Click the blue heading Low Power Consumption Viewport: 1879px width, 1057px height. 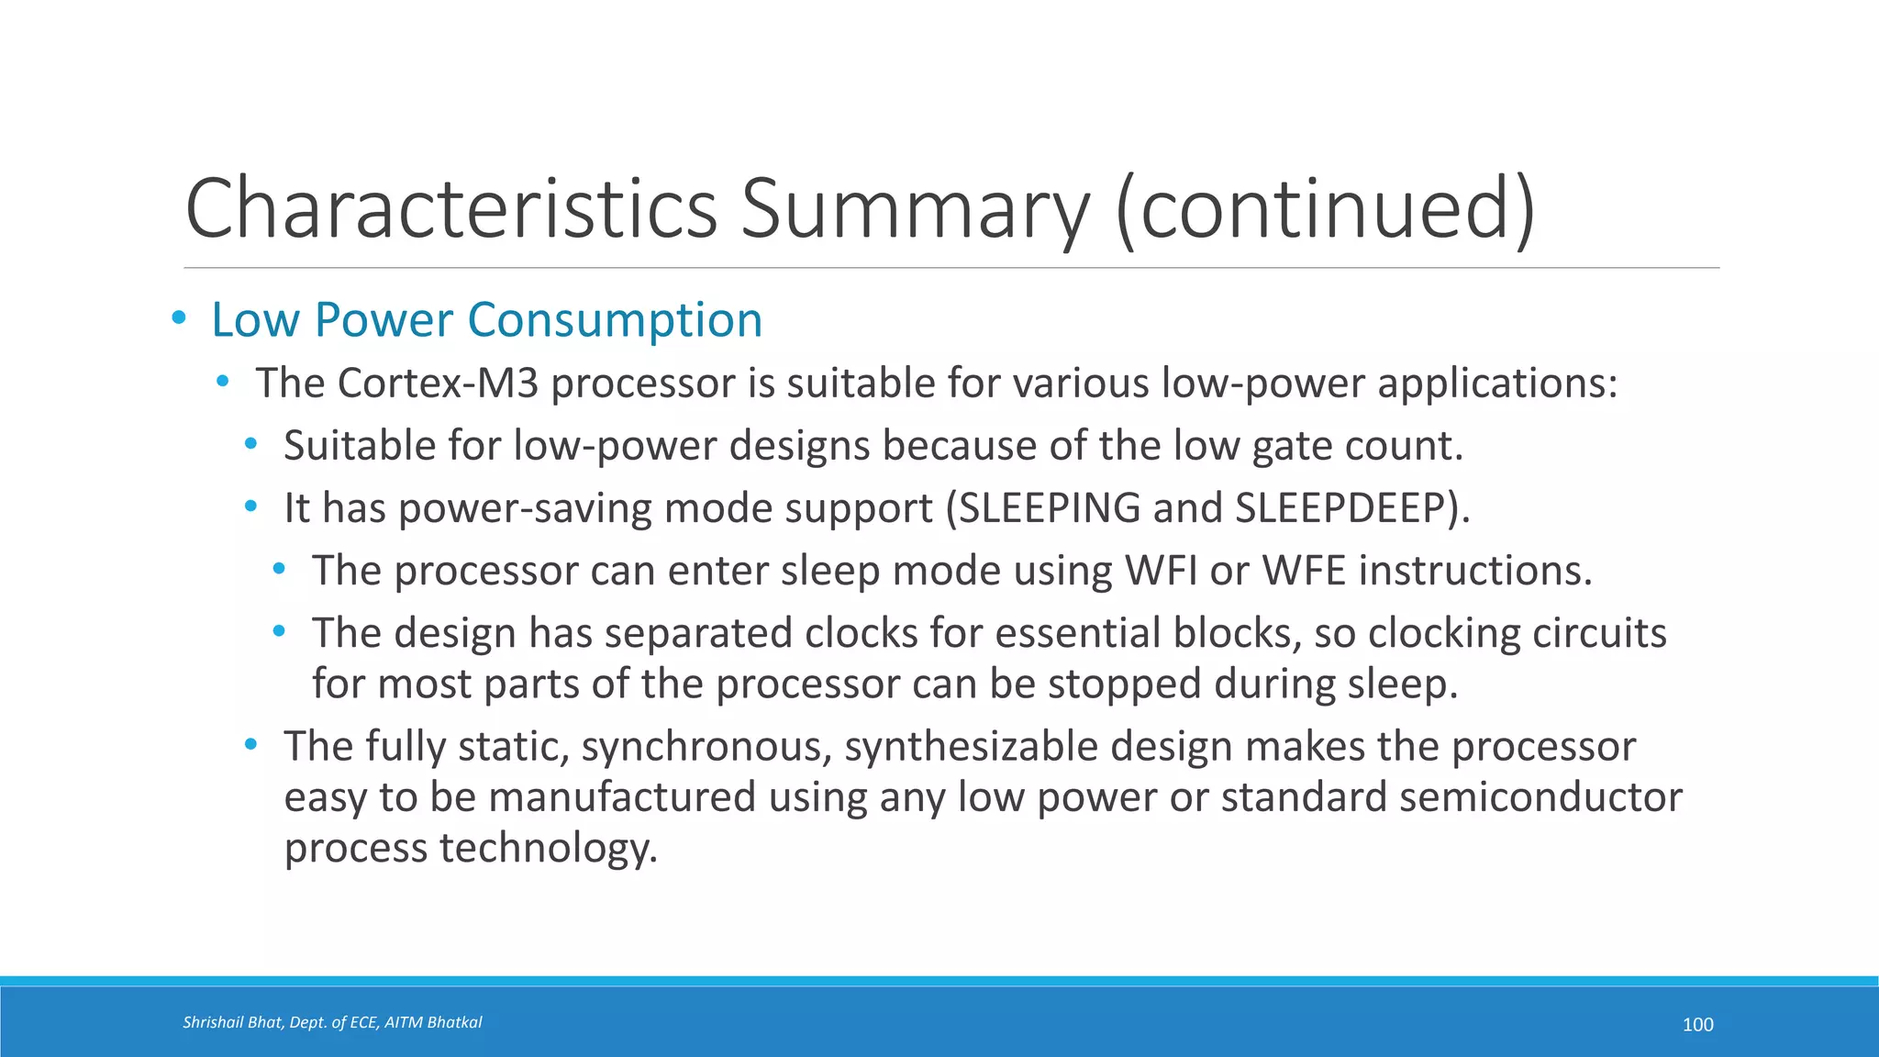pyautogui.click(x=486, y=320)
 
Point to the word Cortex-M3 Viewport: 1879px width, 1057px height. pyautogui.click(x=438, y=384)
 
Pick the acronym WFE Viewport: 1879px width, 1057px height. pyautogui.click(x=1304, y=571)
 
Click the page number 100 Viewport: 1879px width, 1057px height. pyautogui.click(x=1697, y=1025)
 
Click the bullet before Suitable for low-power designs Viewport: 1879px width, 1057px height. pyautogui.click(x=250, y=445)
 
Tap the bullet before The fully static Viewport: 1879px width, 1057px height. pyautogui.click(x=250, y=745)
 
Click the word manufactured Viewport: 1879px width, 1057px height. pyautogui.click(x=621, y=796)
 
